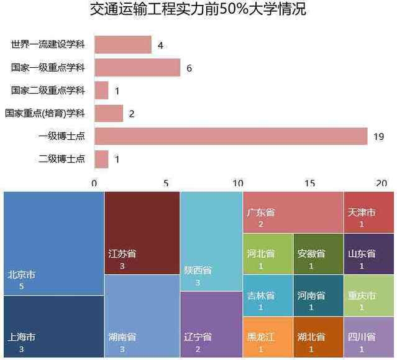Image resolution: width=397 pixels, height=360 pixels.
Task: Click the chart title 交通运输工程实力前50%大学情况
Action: (198, 10)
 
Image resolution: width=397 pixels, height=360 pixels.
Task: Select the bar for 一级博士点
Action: (230, 136)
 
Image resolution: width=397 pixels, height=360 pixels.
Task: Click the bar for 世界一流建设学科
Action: (122, 45)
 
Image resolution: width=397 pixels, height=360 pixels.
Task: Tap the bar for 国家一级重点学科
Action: (137, 67)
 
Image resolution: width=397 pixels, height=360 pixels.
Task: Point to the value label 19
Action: (378, 137)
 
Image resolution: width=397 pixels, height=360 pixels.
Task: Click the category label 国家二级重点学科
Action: (48, 91)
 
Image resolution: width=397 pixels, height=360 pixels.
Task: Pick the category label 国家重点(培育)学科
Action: (44, 114)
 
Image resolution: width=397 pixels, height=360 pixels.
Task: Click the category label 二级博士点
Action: (62, 159)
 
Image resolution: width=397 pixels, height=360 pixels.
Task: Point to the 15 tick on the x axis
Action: (309, 183)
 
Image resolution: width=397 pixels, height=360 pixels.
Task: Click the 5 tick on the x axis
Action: (166, 183)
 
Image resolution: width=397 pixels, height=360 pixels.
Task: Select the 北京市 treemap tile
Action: (53, 243)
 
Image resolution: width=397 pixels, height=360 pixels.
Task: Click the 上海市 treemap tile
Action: (53, 326)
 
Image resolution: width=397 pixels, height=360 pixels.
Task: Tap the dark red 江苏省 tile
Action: (142, 233)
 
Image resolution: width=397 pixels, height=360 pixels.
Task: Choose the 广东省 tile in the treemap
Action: (293, 212)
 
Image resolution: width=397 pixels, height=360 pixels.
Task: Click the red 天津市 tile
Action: (368, 212)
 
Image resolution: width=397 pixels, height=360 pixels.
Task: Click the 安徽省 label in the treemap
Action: (311, 254)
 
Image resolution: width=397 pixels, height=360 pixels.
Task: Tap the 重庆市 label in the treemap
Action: (361, 296)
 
